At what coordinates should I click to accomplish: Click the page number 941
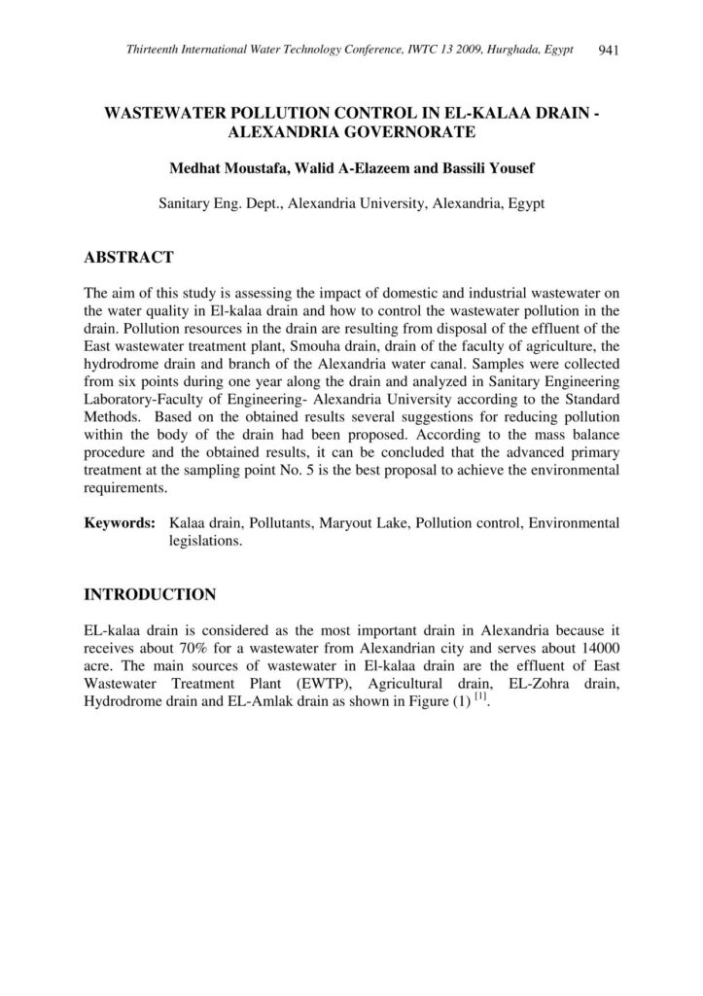[610, 50]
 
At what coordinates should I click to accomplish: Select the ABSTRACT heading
[128, 258]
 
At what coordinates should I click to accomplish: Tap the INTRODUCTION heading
[150, 593]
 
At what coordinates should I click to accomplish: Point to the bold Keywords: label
[120, 523]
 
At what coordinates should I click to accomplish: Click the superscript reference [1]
[479, 699]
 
